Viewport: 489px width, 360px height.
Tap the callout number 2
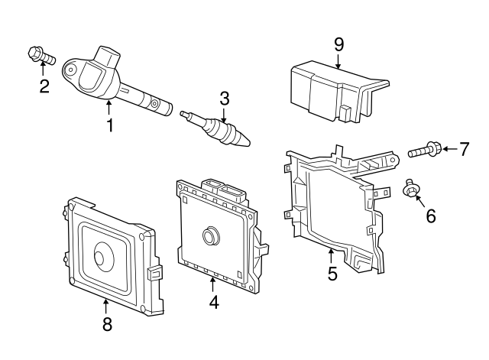coord(44,86)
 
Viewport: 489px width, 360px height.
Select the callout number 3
coord(224,98)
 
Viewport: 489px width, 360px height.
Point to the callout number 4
coord(214,302)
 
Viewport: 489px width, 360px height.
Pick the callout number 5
coord(332,273)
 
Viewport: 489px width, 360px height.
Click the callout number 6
coord(431,216)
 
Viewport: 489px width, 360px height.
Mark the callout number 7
coord(464,149)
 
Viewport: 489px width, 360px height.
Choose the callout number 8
coord(107,324)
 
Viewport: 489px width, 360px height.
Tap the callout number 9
coord(338,44)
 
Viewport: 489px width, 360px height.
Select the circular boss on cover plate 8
coord(104,255)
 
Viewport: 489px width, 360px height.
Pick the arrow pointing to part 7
coord(449,149)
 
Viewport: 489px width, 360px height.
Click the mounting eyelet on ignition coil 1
coord(70,69)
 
